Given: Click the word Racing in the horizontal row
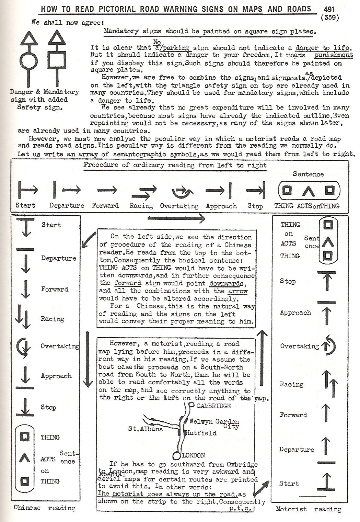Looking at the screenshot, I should point(141,206).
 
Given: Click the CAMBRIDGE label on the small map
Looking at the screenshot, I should point(213,406).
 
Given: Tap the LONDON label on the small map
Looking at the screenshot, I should point(193,455).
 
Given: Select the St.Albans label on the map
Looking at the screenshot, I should point(145,429).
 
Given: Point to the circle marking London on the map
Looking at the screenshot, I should point(177,455).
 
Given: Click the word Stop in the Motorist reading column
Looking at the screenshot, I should point(288,281).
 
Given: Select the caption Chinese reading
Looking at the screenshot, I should point(45,508).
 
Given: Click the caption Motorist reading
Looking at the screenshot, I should point(309,509).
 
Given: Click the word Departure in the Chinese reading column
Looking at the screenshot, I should point(59,258).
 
